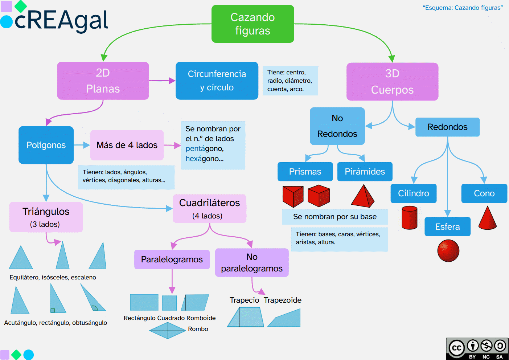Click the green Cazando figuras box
click(x=253, y=24)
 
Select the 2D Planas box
click(x=103, y=81)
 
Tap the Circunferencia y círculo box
click(x=217, y=81)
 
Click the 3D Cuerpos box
click(x=392, y=82)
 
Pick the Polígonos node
click(x=46, y=145)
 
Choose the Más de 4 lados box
click(x=127, y=145)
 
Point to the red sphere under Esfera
click(x=448, y=250)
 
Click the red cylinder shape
click(x=410, y=218)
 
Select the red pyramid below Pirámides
click(x=362, y=197)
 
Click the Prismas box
click(x=305, y=172)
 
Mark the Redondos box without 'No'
click(x=447, y=127)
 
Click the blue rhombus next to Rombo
click(x=168, y=330)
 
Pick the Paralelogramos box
click(x=172, y=259)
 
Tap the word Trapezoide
click(x=282, y=300)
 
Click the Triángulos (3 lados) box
click(x=46, y=217)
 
